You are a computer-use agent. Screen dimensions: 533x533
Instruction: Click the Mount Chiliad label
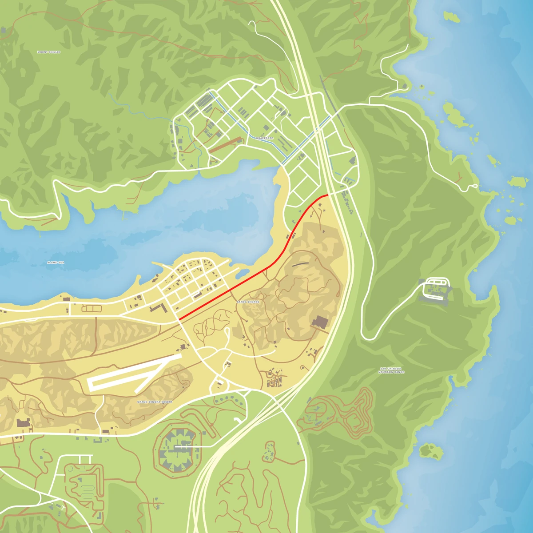pos(49,52)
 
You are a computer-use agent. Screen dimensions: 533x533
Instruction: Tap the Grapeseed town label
pos(265,138)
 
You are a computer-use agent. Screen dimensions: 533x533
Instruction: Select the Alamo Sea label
pos(56,263)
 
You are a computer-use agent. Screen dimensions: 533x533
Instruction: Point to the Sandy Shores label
pos(248,302)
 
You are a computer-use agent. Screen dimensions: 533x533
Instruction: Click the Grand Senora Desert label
pos(155,402)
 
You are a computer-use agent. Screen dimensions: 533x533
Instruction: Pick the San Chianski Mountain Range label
pos(391,370)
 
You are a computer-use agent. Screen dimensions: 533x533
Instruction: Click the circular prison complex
pos(177,447)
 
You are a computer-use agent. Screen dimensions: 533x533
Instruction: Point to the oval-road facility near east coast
pos(437,288)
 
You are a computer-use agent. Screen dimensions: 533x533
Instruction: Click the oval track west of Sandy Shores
pos(91,308)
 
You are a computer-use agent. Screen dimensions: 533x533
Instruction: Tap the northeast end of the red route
pos(327,195)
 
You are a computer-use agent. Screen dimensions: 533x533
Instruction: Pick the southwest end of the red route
pos(179,318)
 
